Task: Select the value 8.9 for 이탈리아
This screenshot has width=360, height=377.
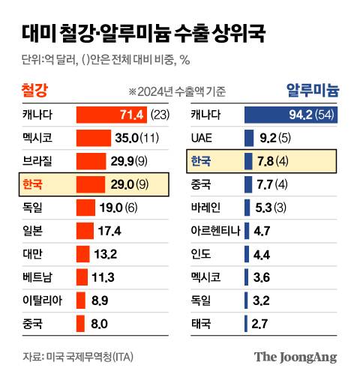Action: pos(100,301)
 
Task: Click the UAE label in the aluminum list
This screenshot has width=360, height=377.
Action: pos(202,138)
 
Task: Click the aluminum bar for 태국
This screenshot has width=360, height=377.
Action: pos(247,324)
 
